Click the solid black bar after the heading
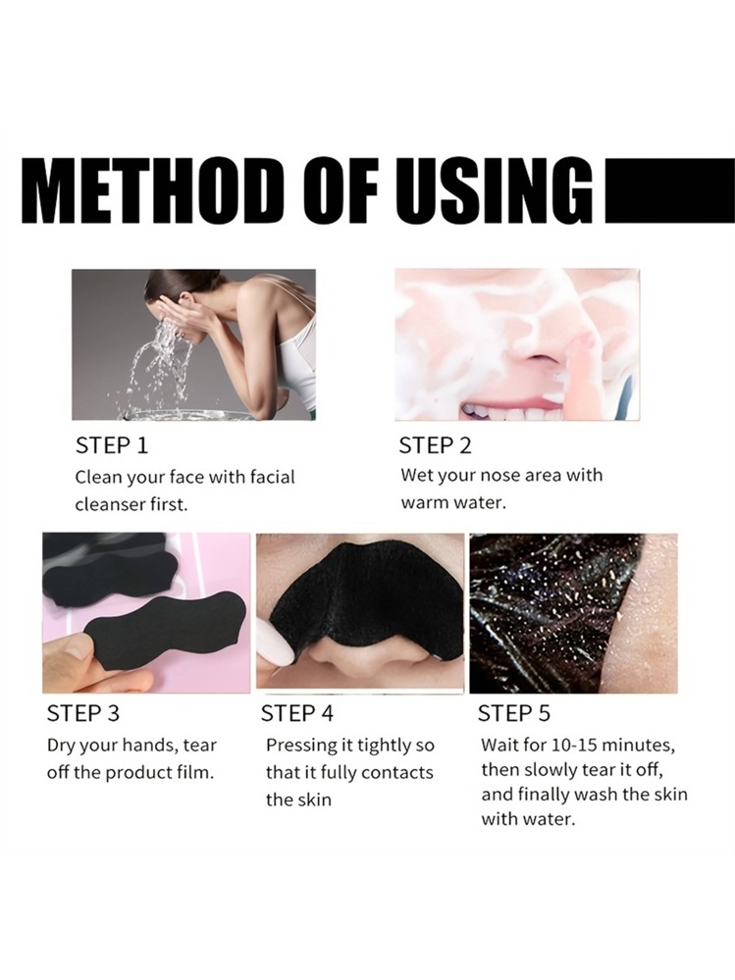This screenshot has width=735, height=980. click(670, 190)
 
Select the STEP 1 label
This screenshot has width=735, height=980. click(112, 445)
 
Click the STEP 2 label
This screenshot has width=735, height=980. click(435, 445)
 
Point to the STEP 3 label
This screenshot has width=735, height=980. click(83, 713)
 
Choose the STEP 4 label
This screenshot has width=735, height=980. click(297, 713)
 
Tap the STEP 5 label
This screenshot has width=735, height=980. click(514, 713)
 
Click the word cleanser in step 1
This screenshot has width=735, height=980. click(109, 504)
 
